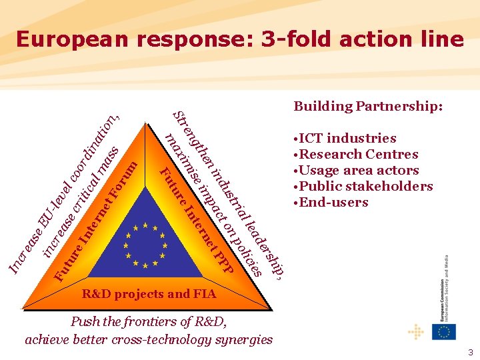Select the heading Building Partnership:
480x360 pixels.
tap(368, 106)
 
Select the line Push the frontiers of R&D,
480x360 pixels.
tap(149, 322)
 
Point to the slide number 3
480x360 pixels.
tap(469, 351)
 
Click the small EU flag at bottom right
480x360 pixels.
tap(443, 331)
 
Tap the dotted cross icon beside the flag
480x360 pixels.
tap(416, 331)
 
